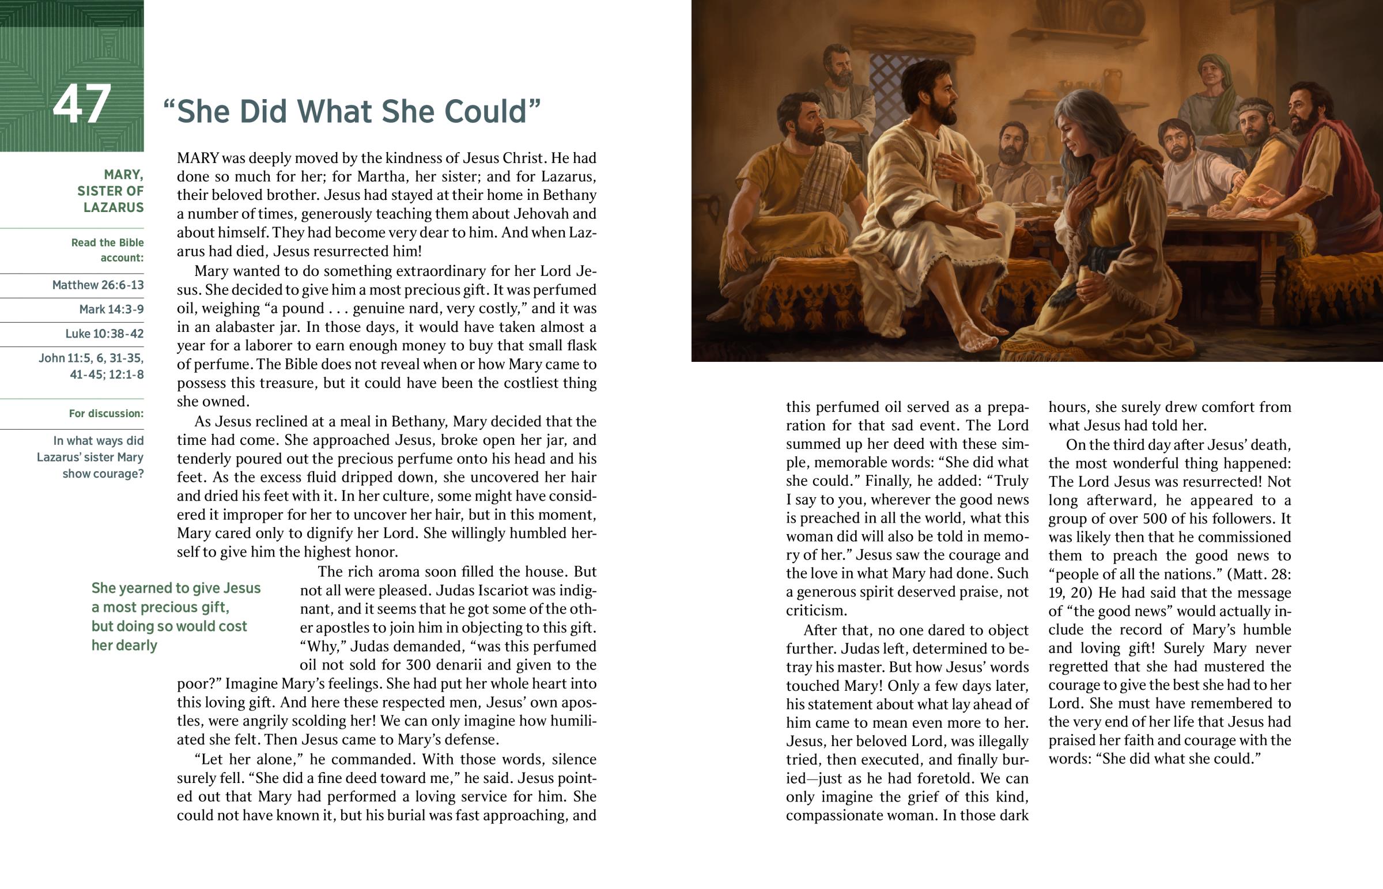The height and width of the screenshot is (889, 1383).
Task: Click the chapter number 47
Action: click(x=81, y=104)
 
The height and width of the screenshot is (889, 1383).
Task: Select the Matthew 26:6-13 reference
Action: click(x=97, y=285)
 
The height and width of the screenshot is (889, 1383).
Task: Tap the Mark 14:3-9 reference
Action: click(x=111, y=309)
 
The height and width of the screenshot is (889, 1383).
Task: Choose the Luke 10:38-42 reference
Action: click(x=104, y=333)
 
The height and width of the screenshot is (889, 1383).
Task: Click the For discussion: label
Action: click(x=106, y=413)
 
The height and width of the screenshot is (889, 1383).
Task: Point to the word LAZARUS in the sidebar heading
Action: click(x=113, y=207)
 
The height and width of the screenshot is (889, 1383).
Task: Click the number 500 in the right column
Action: click(x=1166, y=519)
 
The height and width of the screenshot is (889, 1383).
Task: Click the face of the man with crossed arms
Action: click(x=840, y=68)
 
